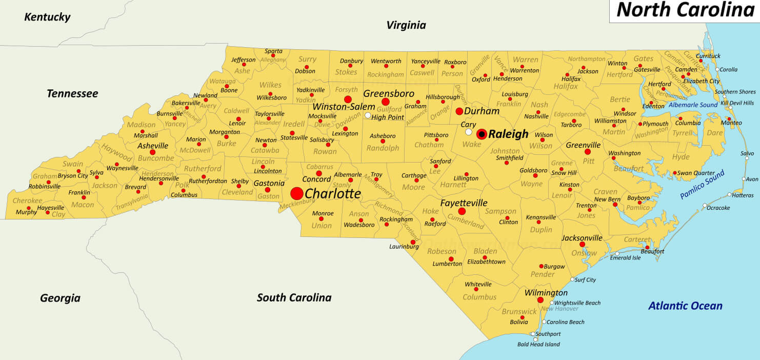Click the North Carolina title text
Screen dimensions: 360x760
tap(685, 10)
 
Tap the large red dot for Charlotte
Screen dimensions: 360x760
tap(296, 193)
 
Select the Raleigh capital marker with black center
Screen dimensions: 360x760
tap(482, 134)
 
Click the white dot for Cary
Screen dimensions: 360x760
tap(468, 132)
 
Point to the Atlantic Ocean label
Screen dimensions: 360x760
tap(685, 306)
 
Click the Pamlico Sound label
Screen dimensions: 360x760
tap(702, 185)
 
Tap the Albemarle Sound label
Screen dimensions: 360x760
tap(692, 105)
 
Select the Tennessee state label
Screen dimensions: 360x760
tap(72, 93)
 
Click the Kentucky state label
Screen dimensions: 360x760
tap(47, 17)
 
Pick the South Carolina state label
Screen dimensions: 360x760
tap(294, 297)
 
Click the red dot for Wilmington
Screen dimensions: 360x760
tap(540, 300)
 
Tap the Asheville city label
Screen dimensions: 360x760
tap(153, 146)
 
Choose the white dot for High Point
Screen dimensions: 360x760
tap(368, 115)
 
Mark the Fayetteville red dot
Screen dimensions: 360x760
tap(462, 211)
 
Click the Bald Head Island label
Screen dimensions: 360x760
tap(538, 345)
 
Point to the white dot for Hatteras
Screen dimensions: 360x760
tap(729, 195)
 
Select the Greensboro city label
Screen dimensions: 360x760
tap(389, 94)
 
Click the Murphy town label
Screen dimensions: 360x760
tap(26, 212)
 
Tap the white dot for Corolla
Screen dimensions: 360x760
tap(717, 69)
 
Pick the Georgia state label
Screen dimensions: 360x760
tap(60, 298)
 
